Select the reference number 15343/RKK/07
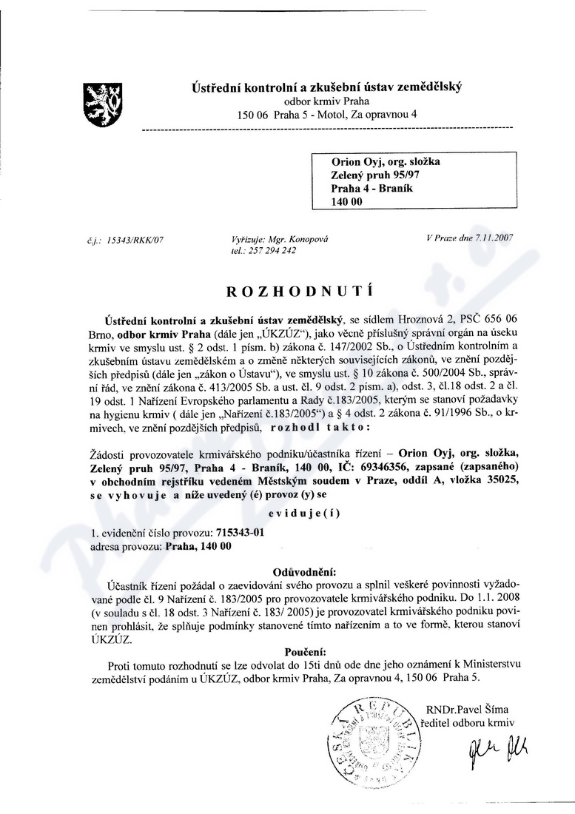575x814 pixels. [135, 240]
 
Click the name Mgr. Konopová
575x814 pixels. [295, 240]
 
